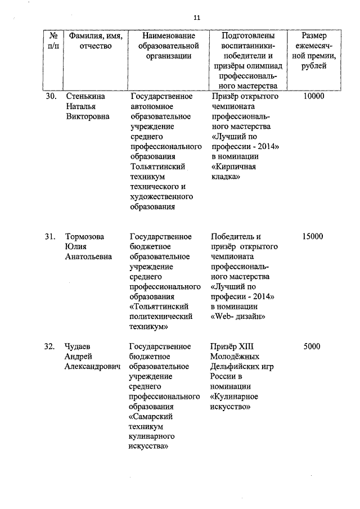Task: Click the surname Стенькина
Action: (x=85, y=96)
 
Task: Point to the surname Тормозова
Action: (x=85, y=236)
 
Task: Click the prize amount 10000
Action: (x=313, y=96)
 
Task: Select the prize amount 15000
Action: (x=313, y=236)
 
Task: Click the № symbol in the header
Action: (x=54, y=35)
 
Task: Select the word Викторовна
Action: (x=87, y=116)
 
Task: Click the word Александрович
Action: (x=93, y=367)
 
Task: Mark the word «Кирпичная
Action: (x=233, y=166)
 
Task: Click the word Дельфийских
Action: (x=236, y=367)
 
